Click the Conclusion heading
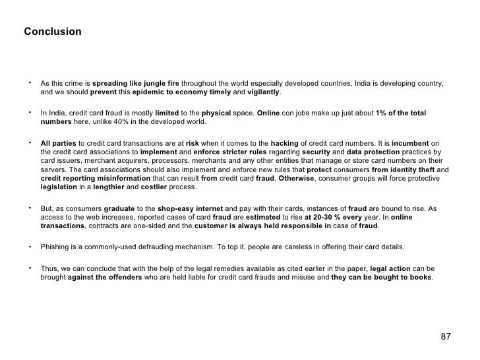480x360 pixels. [53, 32]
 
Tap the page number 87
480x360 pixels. [446, 337]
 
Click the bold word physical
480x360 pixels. [215, 113]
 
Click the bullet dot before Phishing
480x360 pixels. [30, 247]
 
